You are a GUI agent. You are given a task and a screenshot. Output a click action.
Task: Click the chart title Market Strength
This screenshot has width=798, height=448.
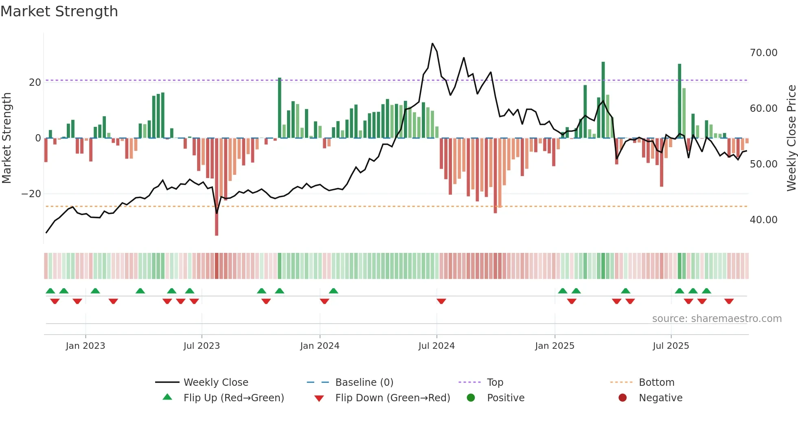(x=59, y=11)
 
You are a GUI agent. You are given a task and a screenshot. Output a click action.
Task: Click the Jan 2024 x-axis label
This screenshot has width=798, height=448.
(x=320, y=346)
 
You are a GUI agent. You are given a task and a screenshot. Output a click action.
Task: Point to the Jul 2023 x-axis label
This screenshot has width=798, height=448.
(x=202, y=346)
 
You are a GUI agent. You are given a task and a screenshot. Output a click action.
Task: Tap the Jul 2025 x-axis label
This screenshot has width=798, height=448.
(x=671, y=346)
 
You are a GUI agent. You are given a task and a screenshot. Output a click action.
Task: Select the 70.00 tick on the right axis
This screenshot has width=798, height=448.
(x=763, y=53)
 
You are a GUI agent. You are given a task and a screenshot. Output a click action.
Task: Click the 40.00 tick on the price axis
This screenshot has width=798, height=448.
(x=763, y=220)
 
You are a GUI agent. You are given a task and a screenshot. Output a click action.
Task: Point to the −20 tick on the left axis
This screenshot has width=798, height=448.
(x=31, y=194)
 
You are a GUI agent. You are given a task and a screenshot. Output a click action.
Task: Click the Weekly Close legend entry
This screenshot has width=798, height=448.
(x=215, y=383)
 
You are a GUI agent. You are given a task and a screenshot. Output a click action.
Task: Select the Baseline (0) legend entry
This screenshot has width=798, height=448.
(x=364, y=383)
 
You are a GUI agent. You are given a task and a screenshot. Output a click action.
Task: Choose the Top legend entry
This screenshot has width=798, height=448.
(x=495, y=383)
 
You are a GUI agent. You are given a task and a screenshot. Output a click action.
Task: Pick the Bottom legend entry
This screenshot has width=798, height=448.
(x=656, y=383)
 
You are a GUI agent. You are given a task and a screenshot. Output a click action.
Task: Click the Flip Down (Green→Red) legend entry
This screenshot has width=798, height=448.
(x=392, y=398)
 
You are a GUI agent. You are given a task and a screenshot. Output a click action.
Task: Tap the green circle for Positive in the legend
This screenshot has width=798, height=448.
(x=471, y=398)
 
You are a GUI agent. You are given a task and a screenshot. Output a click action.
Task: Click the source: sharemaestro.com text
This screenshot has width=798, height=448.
(x=717, y=319)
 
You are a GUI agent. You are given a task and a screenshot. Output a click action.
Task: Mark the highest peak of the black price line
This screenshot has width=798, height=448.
(x=432, y=43)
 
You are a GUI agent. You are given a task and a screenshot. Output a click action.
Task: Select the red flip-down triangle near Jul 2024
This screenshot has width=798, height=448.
(x=441, y=301)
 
